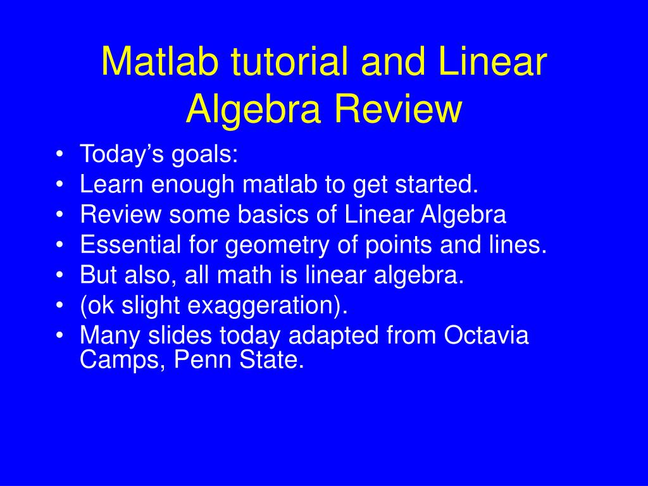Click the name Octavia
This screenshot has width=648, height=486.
click(x=486, y=335)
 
